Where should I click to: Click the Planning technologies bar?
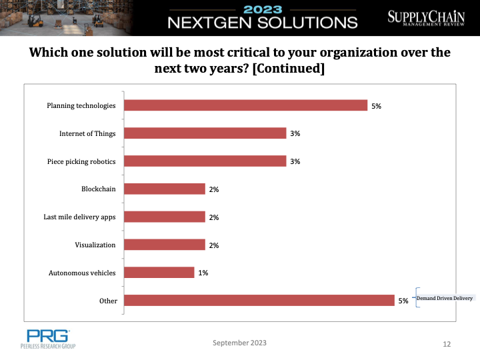pyautogui.click(x=246, y=105)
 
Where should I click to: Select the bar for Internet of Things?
pyautogui.click(x=205, y=133)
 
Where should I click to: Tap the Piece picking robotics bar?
pyautogui.click(x=205, y=161)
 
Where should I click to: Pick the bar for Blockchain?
pyautogui.click(x=165, y=189)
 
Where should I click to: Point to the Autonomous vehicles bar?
pyautogui.click(x=159, y=273)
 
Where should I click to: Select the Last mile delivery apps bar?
pyautogui.click(x=165, y=217)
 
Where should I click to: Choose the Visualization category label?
pyautogui.click(x=95, y=245)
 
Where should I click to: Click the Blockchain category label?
pyautogui.click(x=98, y=189)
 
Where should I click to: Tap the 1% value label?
pyautogui.click(x=203, y=273)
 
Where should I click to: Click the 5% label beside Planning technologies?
pyautogui.click(x=376, y=106)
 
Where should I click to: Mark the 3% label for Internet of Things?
pyautogui.click(x=295, y=133)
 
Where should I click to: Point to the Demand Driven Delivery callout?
pyautogui.click(x=444, y=298)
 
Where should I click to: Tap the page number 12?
pyautogui.click(x=447, y=344)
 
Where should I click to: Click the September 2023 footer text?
pyautogui.click(x=239, y=343)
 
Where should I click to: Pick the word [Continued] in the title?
pyautogui.click(x=288, y=68)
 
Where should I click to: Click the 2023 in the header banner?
pyautogui.click(x=263, y=9)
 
